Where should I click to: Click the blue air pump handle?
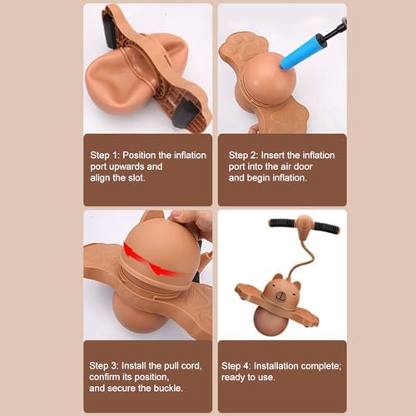pyautogui.click(x=300, y=52)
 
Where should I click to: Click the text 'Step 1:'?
pyautogui.click(x=105, y=156)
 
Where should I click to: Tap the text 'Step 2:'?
pyautogui.click(x=243, y=156)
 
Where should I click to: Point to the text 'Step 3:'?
pyautogui.click(x=104, y=366)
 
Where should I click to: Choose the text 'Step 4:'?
pyautogui.click(x=236, y=366)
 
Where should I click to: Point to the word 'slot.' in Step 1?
pyautogui.click(x=136, y=177)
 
